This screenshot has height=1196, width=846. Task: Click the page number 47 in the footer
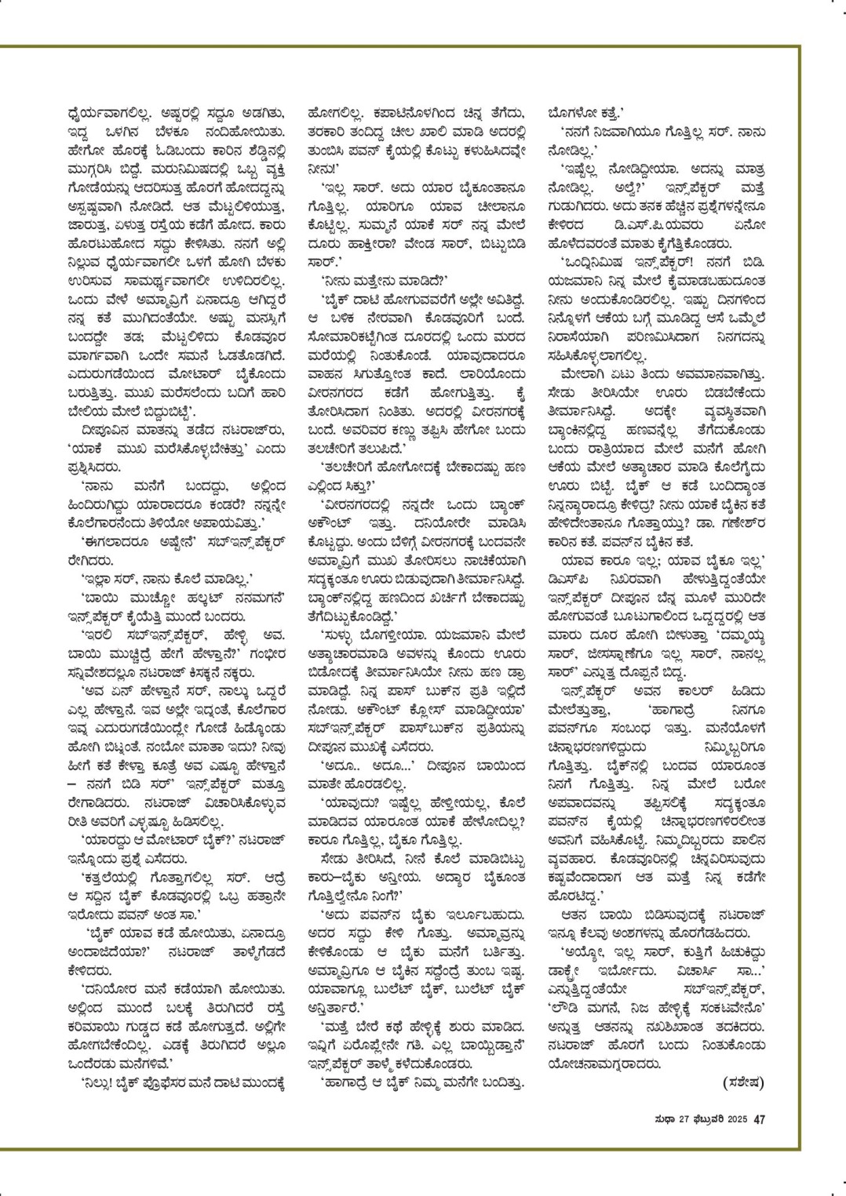(x=759, y=1119)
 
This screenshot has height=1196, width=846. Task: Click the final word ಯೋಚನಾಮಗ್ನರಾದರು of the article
(x=609, y=1065)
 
